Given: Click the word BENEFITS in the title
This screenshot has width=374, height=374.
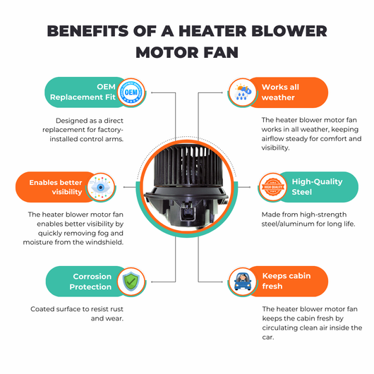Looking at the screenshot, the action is click(88, 31).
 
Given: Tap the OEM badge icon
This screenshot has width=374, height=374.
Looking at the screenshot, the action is click(131, 92).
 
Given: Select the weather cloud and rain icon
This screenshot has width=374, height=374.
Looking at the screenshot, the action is click(242, 92).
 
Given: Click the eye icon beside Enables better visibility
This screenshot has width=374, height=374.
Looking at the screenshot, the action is click(101, 187).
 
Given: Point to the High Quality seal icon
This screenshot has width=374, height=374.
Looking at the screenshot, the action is click(273, 187).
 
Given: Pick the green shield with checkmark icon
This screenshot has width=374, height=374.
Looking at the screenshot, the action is click(131, 282).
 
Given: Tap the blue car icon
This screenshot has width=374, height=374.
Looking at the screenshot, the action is click(243, 282).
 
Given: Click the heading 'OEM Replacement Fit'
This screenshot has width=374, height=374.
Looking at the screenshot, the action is click(83, 92).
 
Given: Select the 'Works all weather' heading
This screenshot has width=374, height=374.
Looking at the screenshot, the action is click(280, 92).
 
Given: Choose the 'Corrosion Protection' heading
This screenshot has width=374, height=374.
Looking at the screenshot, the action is click(90, 282).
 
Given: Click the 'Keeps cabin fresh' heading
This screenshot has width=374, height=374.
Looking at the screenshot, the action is click(286, 281).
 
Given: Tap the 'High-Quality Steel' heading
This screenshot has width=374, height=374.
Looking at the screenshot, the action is click(317, 187).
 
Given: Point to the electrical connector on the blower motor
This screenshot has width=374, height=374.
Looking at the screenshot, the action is click(187, 211).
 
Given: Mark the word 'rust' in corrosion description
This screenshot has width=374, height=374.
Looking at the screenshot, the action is click(116, 309).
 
